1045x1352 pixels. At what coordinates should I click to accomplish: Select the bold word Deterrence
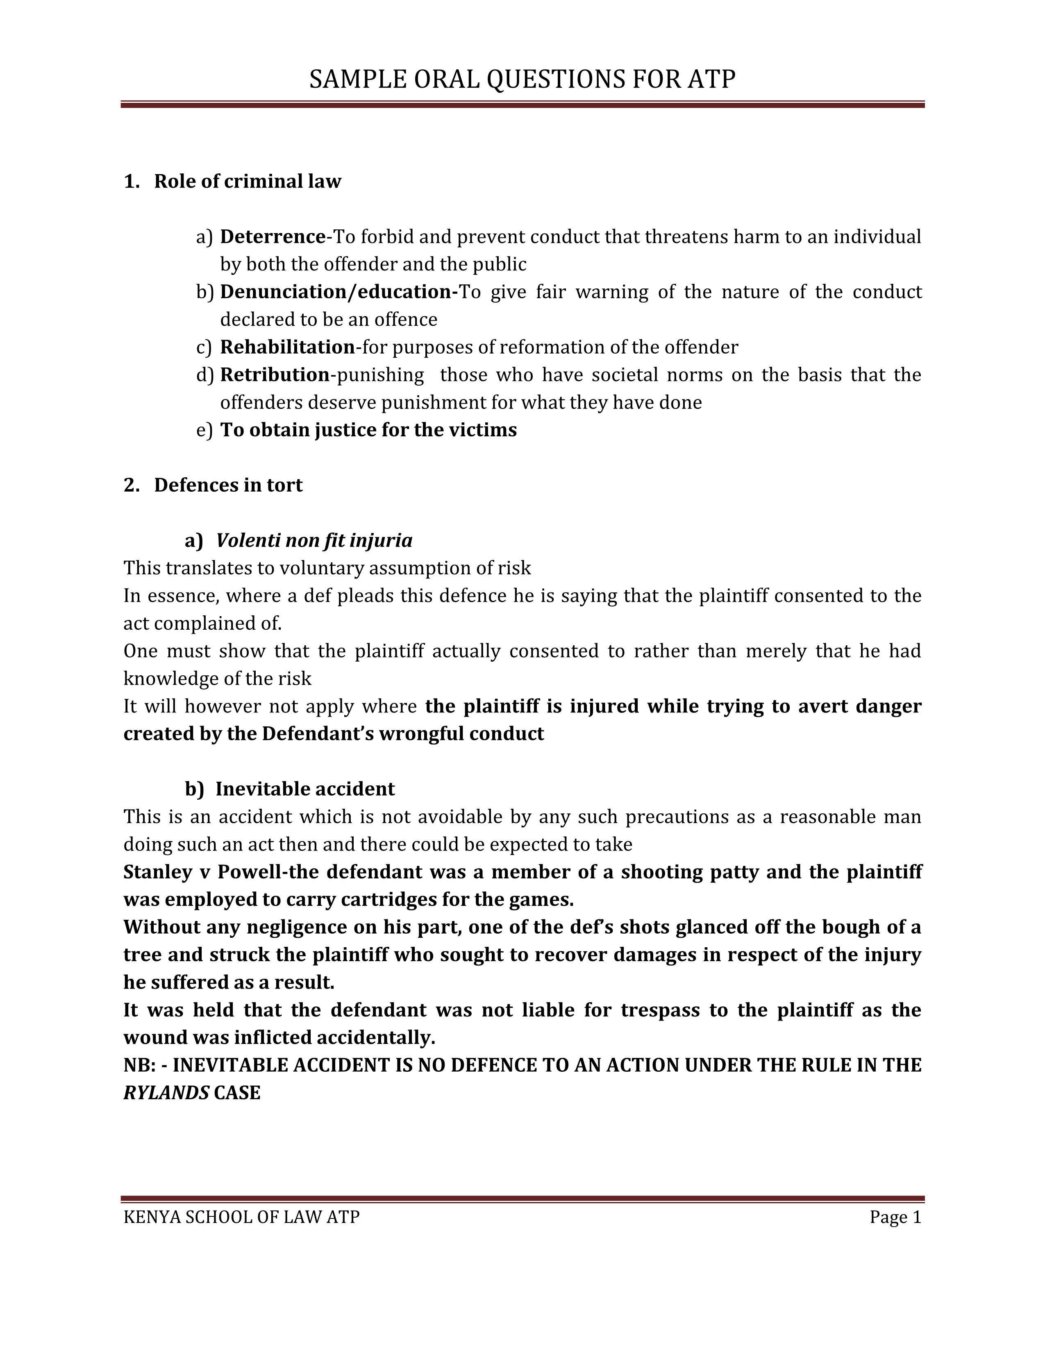[x=273, y=236]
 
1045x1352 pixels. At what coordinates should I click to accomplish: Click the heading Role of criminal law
[x=247, y=181]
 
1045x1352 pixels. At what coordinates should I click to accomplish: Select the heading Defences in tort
[x=228, y=485]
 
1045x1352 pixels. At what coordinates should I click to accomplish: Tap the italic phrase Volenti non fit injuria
[x=314, y=540]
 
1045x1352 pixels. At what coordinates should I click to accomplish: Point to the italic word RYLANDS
[x=166, y=1093]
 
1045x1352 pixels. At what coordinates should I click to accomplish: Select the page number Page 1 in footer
[x=895, y=1217]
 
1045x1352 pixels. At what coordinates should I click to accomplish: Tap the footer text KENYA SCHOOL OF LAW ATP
[x=241, y=1217]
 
